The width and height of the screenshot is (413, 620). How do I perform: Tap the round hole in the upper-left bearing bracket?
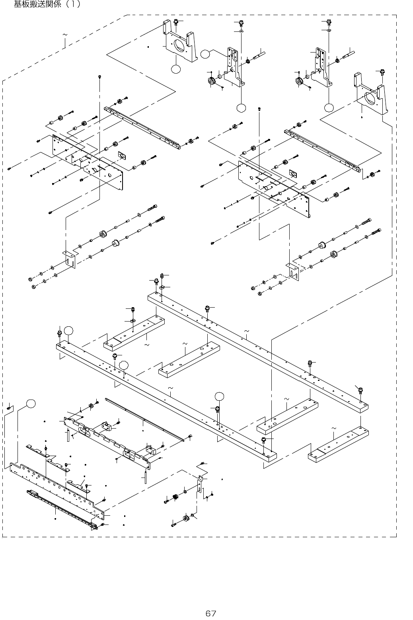click(180, 45)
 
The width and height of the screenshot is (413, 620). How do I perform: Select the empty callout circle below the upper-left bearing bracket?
click(175, 69)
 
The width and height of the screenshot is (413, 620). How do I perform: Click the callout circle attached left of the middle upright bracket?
click(205, 54)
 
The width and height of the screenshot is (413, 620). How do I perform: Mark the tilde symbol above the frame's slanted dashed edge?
click(65, 35)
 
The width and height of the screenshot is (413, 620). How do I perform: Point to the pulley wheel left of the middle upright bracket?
click(210, 82)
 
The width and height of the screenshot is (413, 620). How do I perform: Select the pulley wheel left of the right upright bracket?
click(298, 82)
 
